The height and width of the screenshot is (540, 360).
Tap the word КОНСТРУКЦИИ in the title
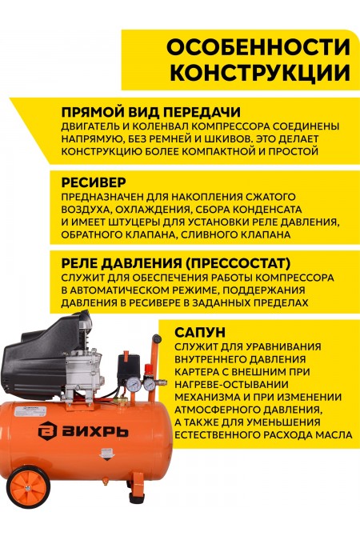coord(264,73)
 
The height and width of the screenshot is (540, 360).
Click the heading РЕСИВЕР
coord(93,181)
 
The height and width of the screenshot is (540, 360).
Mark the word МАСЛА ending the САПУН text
coord(330,434)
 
